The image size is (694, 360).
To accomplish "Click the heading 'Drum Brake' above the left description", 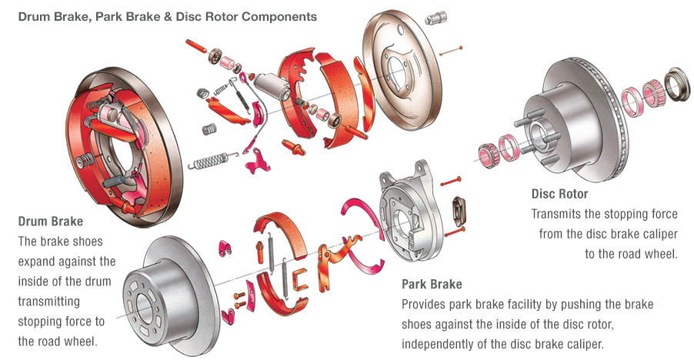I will [50, 222].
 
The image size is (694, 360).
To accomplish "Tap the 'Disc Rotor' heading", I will [559, 194].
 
